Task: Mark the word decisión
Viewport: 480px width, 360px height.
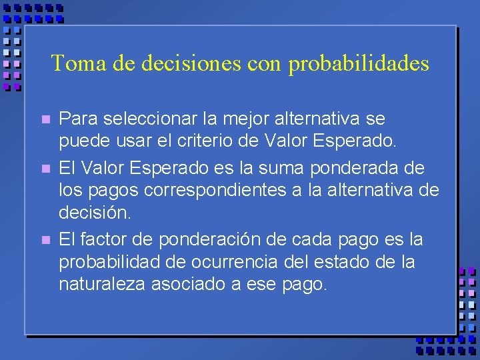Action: click(x=96, y=214)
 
